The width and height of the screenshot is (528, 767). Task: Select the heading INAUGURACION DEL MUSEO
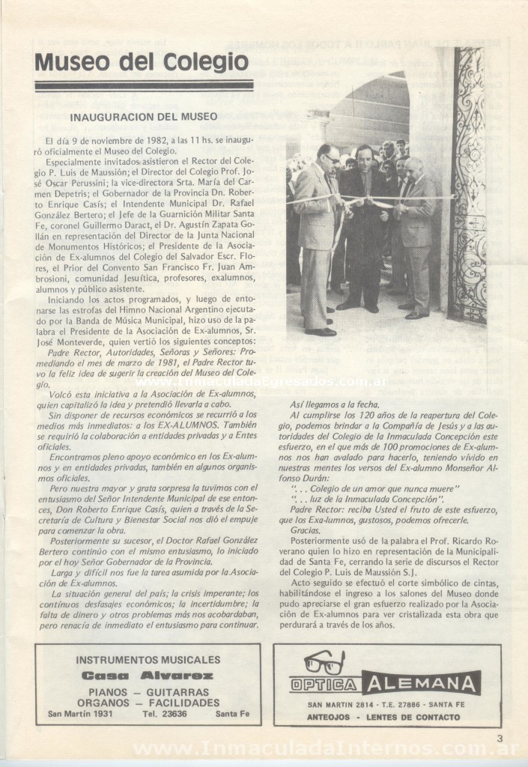pyautogui.click(x=143, y=117)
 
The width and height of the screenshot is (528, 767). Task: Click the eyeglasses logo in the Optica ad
pyautogui.click(x=324, y=663)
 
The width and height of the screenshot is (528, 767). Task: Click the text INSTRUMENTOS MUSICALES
pyautogui.click(x=148, y=660)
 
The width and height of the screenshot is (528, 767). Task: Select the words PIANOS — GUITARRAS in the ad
pyautogui.click(x=148, y=691)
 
